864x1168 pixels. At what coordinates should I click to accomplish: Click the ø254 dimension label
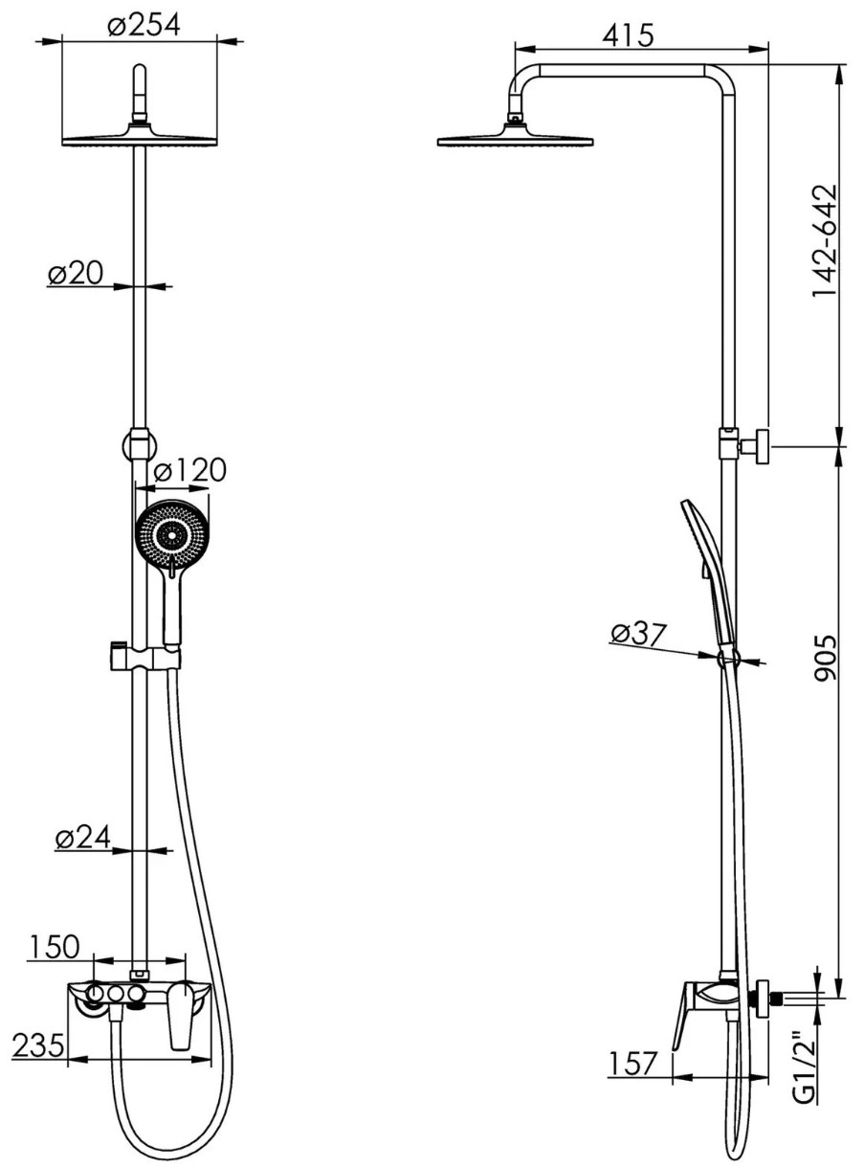coord(144,25)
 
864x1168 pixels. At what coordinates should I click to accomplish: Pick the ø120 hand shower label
coord(189,470)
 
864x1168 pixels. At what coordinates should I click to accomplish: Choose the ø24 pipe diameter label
coord(82,837)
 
